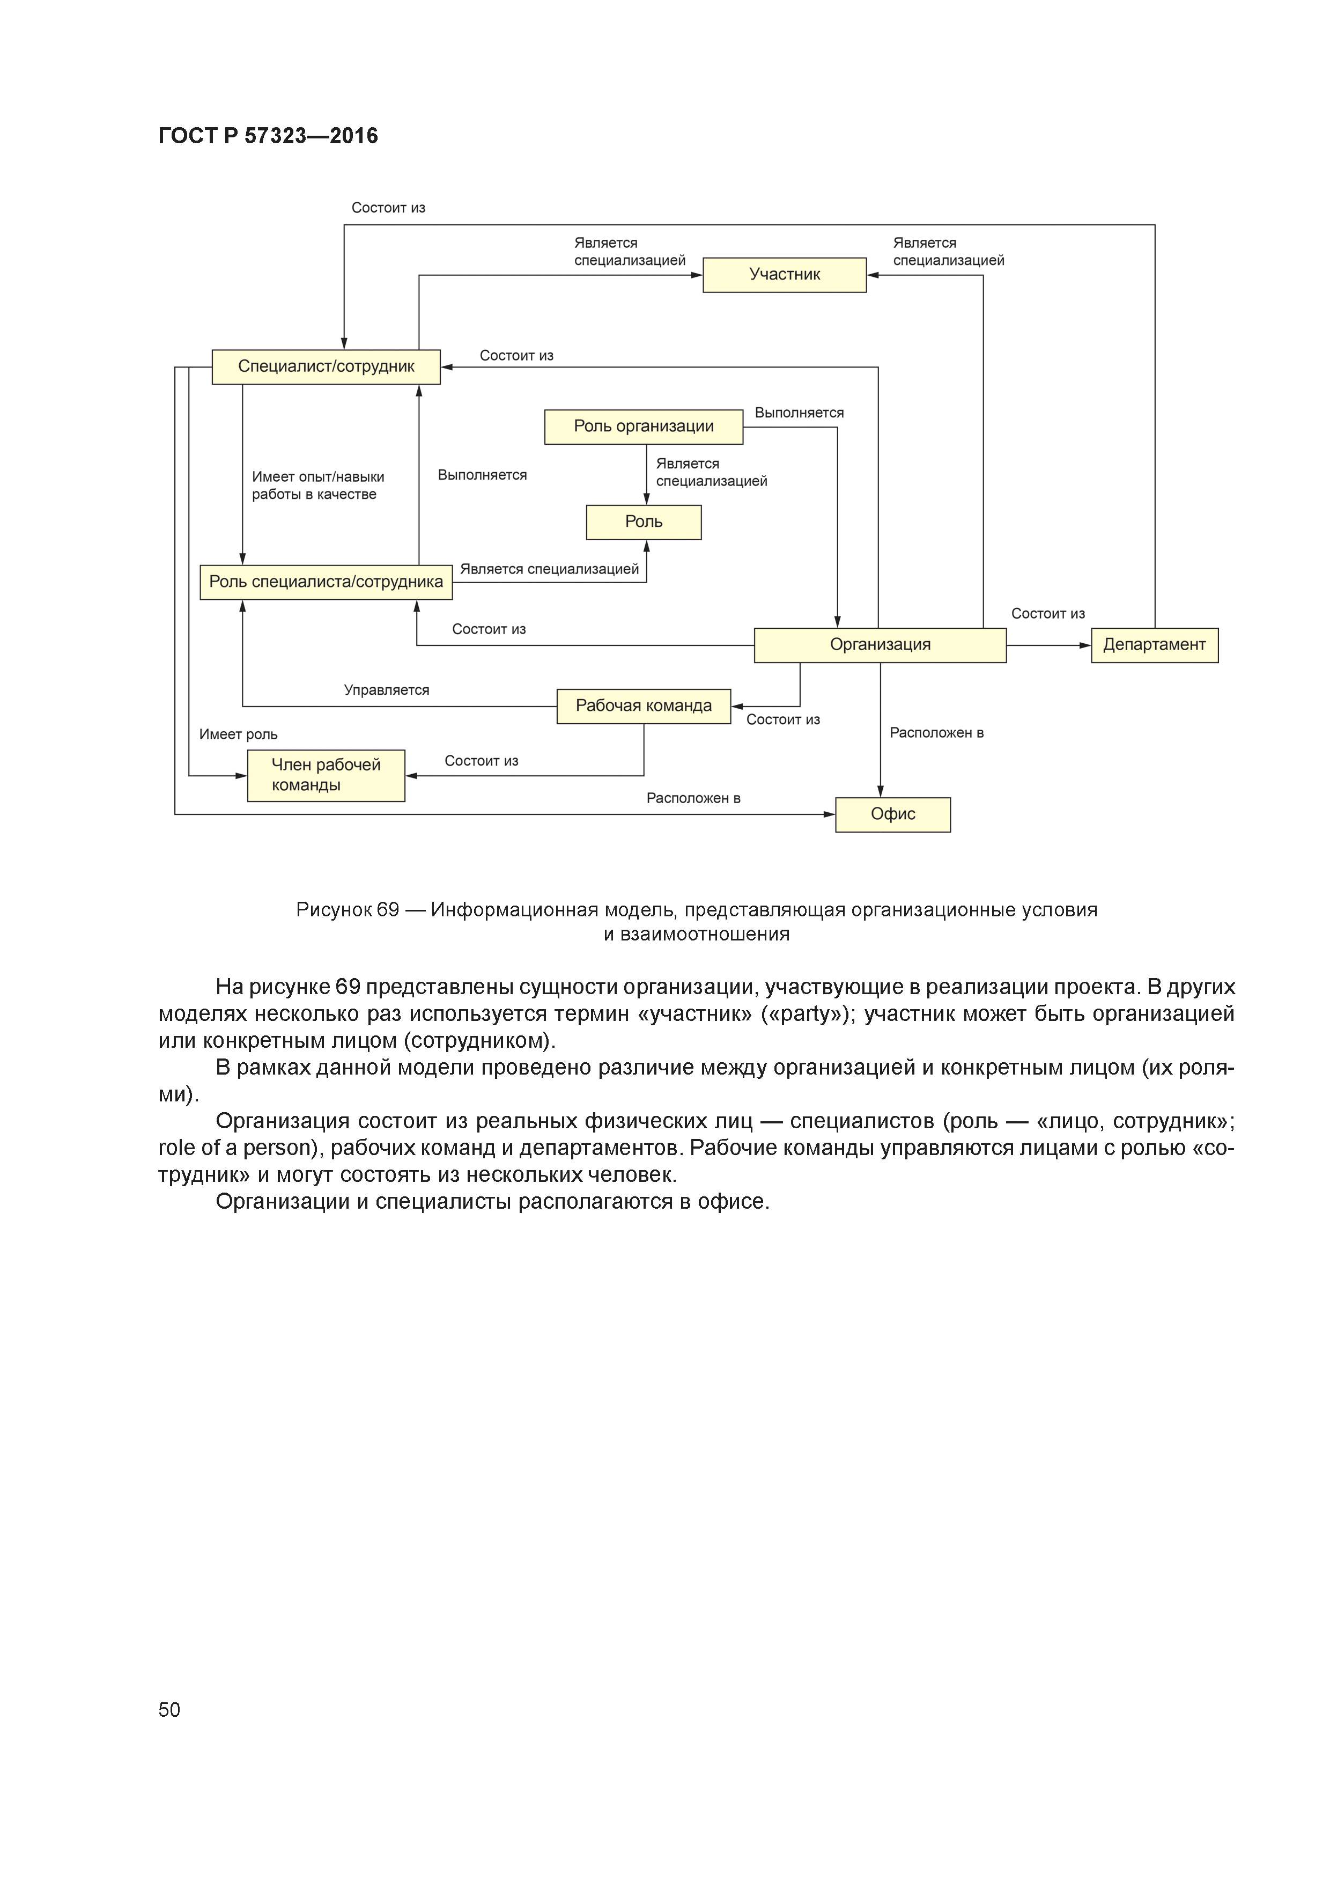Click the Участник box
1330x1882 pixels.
coord(784,275)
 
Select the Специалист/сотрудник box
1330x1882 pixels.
coord(326,366)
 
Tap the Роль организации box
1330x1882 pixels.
coord(644,426)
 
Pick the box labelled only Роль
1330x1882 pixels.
coord(644,522)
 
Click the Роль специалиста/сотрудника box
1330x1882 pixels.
coord(326,582)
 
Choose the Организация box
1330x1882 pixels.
coord(880,645)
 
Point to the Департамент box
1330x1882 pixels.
coord(1154,645)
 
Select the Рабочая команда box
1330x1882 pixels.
coord(644,706)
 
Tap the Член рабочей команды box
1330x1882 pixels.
coord(326,775)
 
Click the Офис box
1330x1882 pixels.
coord(892,814)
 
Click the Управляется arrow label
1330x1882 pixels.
coord(386,690)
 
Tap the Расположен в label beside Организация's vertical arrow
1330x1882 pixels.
coord(936,733)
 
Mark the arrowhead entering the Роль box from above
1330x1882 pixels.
coord(647,499)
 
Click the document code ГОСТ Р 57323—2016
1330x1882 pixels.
coord(268,136)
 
